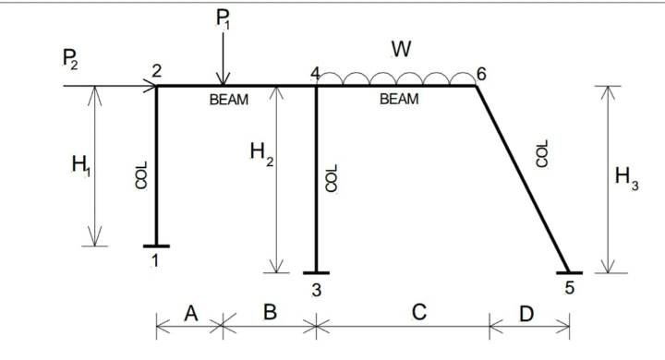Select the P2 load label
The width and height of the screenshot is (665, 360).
pyautogui.click(x=69, y=62)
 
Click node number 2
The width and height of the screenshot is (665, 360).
pyautogui.click(x=156, y=71)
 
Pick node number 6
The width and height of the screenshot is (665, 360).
pyautogui.click(x=481, y=73)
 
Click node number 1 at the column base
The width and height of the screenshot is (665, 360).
pyautogui.click(x=155, y=261)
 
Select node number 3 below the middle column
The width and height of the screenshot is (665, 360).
pyautogui.click(x=316, y=289)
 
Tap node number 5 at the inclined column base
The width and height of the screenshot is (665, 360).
pyautogui.click(x=569, y=288)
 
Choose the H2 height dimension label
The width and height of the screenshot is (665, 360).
pyautogui.click(x=261, y=154)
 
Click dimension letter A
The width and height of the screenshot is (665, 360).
pyautogui.click(x=191, y=313)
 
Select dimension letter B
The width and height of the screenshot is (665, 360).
pyautogui.click(x=270, y=313)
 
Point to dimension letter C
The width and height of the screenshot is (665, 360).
pyautogui.click(x=418, y=313)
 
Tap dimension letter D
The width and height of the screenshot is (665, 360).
pyautogui.click(x=526, y=314)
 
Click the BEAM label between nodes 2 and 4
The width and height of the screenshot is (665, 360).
pyautogui.click(x=229, y=100)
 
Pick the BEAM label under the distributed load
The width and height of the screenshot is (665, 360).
pyautogui.click(x=399, y=100)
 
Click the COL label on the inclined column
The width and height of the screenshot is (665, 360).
pyautogui.click(x=543, y=153)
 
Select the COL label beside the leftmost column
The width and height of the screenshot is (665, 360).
pyautogui.click(x=141, y=175)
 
